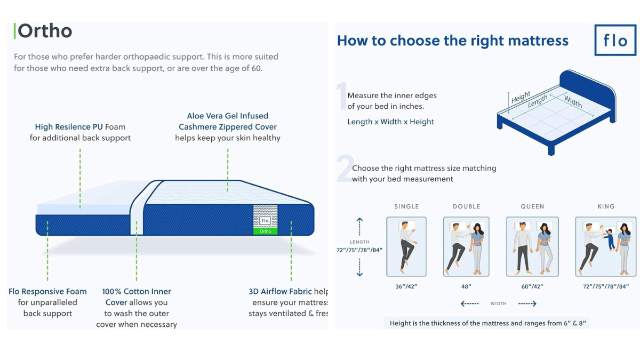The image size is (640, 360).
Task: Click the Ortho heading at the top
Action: click(45, 31)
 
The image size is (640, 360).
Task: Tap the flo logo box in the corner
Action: click(615, 40)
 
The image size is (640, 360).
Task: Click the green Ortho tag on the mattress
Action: click(265, 231)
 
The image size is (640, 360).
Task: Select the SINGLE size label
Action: click(406, 206)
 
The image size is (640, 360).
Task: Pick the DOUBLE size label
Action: click(467, 206)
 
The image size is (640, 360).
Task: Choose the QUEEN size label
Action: click(532, 206)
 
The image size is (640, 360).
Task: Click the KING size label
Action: click(606, 206)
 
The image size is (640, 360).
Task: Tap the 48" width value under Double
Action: click(466, 286)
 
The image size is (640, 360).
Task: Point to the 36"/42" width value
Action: click(406, 286)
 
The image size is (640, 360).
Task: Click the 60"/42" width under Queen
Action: click(532, 286)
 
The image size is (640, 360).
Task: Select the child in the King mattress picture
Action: click(609, 239)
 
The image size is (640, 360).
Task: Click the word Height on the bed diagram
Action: click(521, 97)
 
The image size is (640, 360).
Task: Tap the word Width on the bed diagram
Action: click(573, 101)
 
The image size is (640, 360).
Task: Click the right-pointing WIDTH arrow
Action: click(527, 303)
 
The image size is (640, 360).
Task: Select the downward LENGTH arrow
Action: click(359, 267)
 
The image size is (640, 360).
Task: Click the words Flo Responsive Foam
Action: click(47, 291)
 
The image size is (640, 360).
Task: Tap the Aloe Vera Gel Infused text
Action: click(227, 116)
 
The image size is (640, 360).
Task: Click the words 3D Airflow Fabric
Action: click(280, 291)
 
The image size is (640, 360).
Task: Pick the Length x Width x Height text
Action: click(390, 122)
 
